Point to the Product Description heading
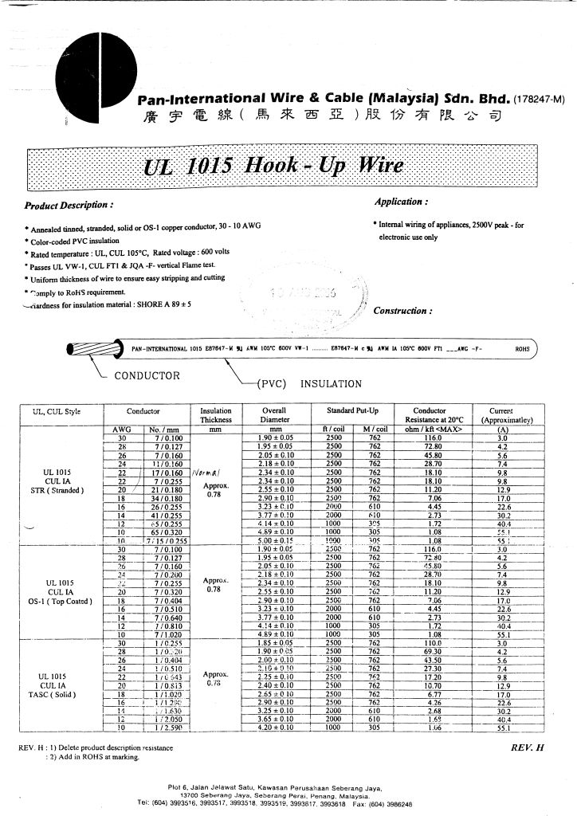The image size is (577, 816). pos(74,206)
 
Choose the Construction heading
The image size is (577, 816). pos(403,311)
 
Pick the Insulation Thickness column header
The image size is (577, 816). pos(215,415)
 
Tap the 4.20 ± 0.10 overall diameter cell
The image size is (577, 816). pos(275,727)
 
